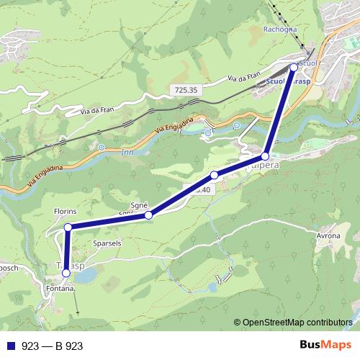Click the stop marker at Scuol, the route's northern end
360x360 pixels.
pos(294,67)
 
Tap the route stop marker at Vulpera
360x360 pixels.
pos(265,156)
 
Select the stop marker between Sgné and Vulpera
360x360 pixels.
pos(214,176)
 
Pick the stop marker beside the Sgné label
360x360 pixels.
pos(148,215)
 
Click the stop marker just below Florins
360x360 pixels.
pos(68,228)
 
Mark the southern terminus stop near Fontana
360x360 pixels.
pos(66,273)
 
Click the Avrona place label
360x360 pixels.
pos(328,235)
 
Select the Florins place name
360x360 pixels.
pos(66,212)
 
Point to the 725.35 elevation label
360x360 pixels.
pos(185,90)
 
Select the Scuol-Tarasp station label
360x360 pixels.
pos(288,81)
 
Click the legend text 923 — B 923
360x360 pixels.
pos(53,346)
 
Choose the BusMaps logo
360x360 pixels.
pos(323,346)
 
